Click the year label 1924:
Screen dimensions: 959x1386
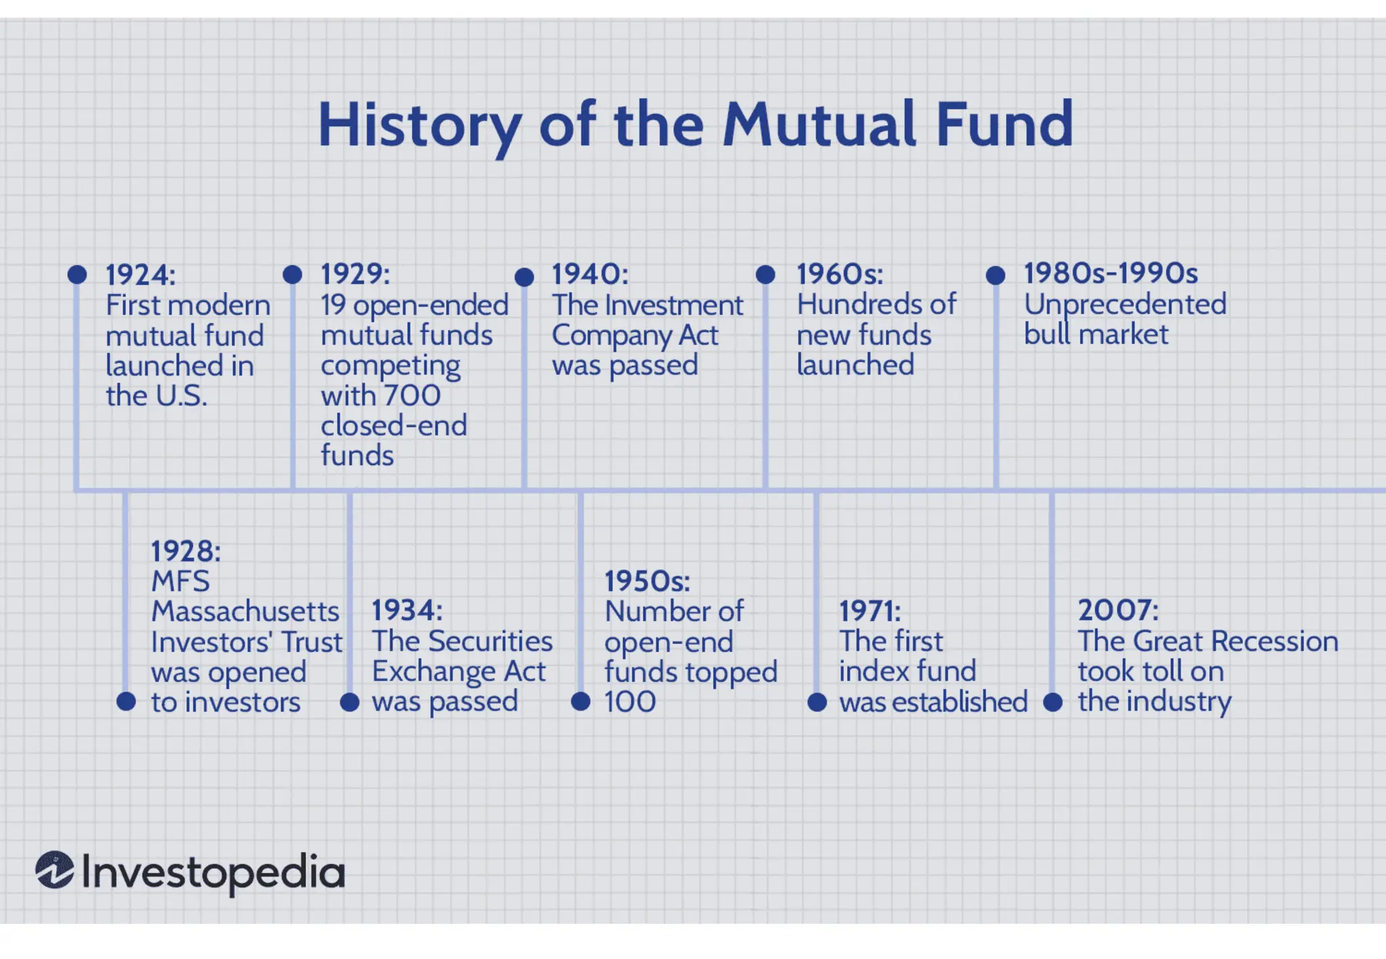140,275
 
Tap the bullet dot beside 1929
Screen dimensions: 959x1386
292,275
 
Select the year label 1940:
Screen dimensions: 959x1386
589,275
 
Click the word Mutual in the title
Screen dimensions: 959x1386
820,124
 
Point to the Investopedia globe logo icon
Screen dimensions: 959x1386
55,870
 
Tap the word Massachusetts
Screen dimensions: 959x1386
245,611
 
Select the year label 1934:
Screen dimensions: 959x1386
407,610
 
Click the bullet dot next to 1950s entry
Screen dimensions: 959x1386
581,701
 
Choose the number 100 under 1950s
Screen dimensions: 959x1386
629,701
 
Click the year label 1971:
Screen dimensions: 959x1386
870,611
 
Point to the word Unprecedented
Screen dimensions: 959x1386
1125,304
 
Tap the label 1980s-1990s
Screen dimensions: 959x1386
1111,273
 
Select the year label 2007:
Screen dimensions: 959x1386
1117,610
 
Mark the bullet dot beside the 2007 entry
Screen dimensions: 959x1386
1052,702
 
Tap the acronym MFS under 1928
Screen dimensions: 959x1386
180,581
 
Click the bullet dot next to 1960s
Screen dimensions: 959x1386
765,275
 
